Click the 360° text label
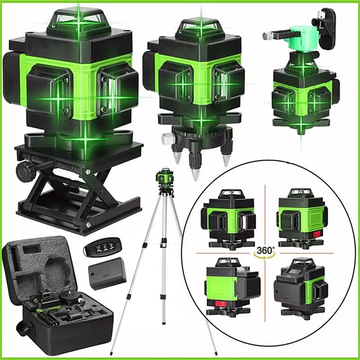click(265, 250)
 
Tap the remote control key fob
click(103, 247)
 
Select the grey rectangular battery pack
click(107, 274)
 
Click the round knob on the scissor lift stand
click(25, 171)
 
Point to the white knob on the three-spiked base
click(166, 139)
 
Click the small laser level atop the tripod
click(164, 178)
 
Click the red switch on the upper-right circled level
click(317, 234)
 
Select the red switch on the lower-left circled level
click(221, 305)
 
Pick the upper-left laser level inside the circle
click(229, 219)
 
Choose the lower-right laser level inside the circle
click(301, 288)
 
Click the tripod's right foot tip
click(216, 354)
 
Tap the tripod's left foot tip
click(111, 354)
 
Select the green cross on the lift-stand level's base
click(85, 139)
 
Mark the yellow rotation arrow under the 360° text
click(265, 256)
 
